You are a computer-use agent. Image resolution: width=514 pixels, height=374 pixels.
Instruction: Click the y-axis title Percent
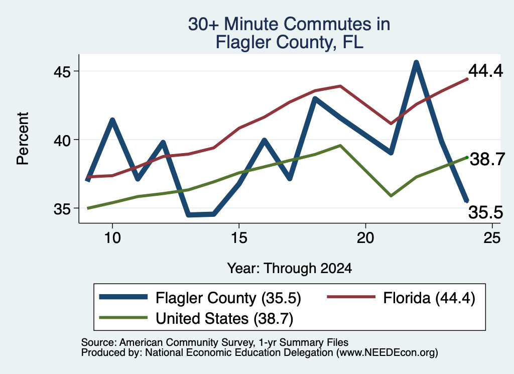pyautogui.click(x=23, y=138)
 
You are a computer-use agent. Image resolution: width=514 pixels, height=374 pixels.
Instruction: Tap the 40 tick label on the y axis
pyautogui.click(x=62, y=140)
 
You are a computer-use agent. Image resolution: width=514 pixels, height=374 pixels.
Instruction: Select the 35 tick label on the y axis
pyautogui.click(x=62, y=208)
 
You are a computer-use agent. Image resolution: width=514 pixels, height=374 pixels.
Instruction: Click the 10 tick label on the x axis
pyautogui.click(x=112, y=237)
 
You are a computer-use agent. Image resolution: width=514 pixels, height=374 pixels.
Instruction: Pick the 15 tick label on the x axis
pyautogui.click(x=239, y=237)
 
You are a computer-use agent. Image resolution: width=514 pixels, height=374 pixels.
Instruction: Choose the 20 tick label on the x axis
pyautogui.click(x=365, y=237)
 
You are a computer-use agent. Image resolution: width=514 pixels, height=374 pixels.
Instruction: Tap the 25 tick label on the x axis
pyautogui.click(x=492, y=237)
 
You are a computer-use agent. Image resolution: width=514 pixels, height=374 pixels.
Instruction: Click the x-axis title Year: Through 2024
pyautogui.click(x=290, y=268)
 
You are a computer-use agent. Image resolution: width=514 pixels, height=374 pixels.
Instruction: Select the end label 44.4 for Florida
pyautogui.click(x=485, y=70)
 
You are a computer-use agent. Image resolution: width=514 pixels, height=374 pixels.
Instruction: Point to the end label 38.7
pyautogui.click(x=487, y=159)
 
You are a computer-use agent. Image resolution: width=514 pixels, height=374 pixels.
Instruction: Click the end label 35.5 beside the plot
pyautogui.click(x=485, y=212)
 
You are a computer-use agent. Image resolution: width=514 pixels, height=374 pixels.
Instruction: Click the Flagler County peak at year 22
pyautogui.click(x=416, y=62)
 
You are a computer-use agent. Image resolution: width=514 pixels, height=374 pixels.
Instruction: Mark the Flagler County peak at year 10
pyautogui.click(x=112, y=120)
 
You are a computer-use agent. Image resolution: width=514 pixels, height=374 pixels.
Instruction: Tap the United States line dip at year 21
pyautogui.click(x=391, y=196)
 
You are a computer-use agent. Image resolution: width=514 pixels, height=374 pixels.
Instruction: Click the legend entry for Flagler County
pyautogui.click(x=200, y=298)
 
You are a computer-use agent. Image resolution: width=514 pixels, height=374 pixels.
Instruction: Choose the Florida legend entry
pyautogui.click(x=401, y=298)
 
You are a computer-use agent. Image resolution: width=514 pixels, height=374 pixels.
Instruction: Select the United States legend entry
pyautogui.click(x=196, y=318)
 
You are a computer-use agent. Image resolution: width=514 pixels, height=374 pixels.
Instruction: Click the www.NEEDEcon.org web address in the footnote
pyautogui.click(x=387, y=353)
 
